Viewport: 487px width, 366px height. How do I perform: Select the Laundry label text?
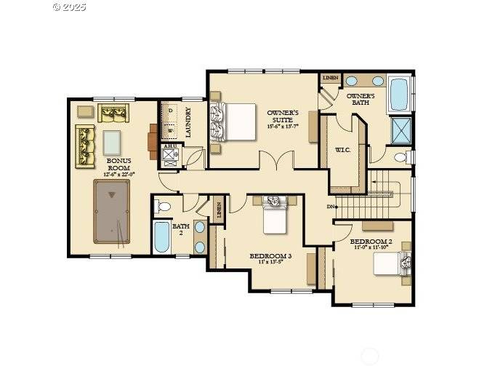point(188,122)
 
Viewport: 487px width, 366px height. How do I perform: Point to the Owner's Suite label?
point(281,119)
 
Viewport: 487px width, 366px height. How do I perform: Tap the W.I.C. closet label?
point(343,150)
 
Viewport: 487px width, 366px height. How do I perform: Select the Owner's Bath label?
point(360,99)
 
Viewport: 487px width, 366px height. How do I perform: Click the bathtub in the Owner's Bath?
point(399,95)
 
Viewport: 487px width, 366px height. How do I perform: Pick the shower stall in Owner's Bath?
point(401,131)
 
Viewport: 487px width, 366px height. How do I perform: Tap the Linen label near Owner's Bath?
point(330,79)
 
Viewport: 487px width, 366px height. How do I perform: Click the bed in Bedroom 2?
point(393,263)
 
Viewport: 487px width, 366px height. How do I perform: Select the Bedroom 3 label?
point(270,258)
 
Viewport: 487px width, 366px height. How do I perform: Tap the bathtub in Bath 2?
point(162,237)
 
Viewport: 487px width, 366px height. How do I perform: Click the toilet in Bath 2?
point(163,207)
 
